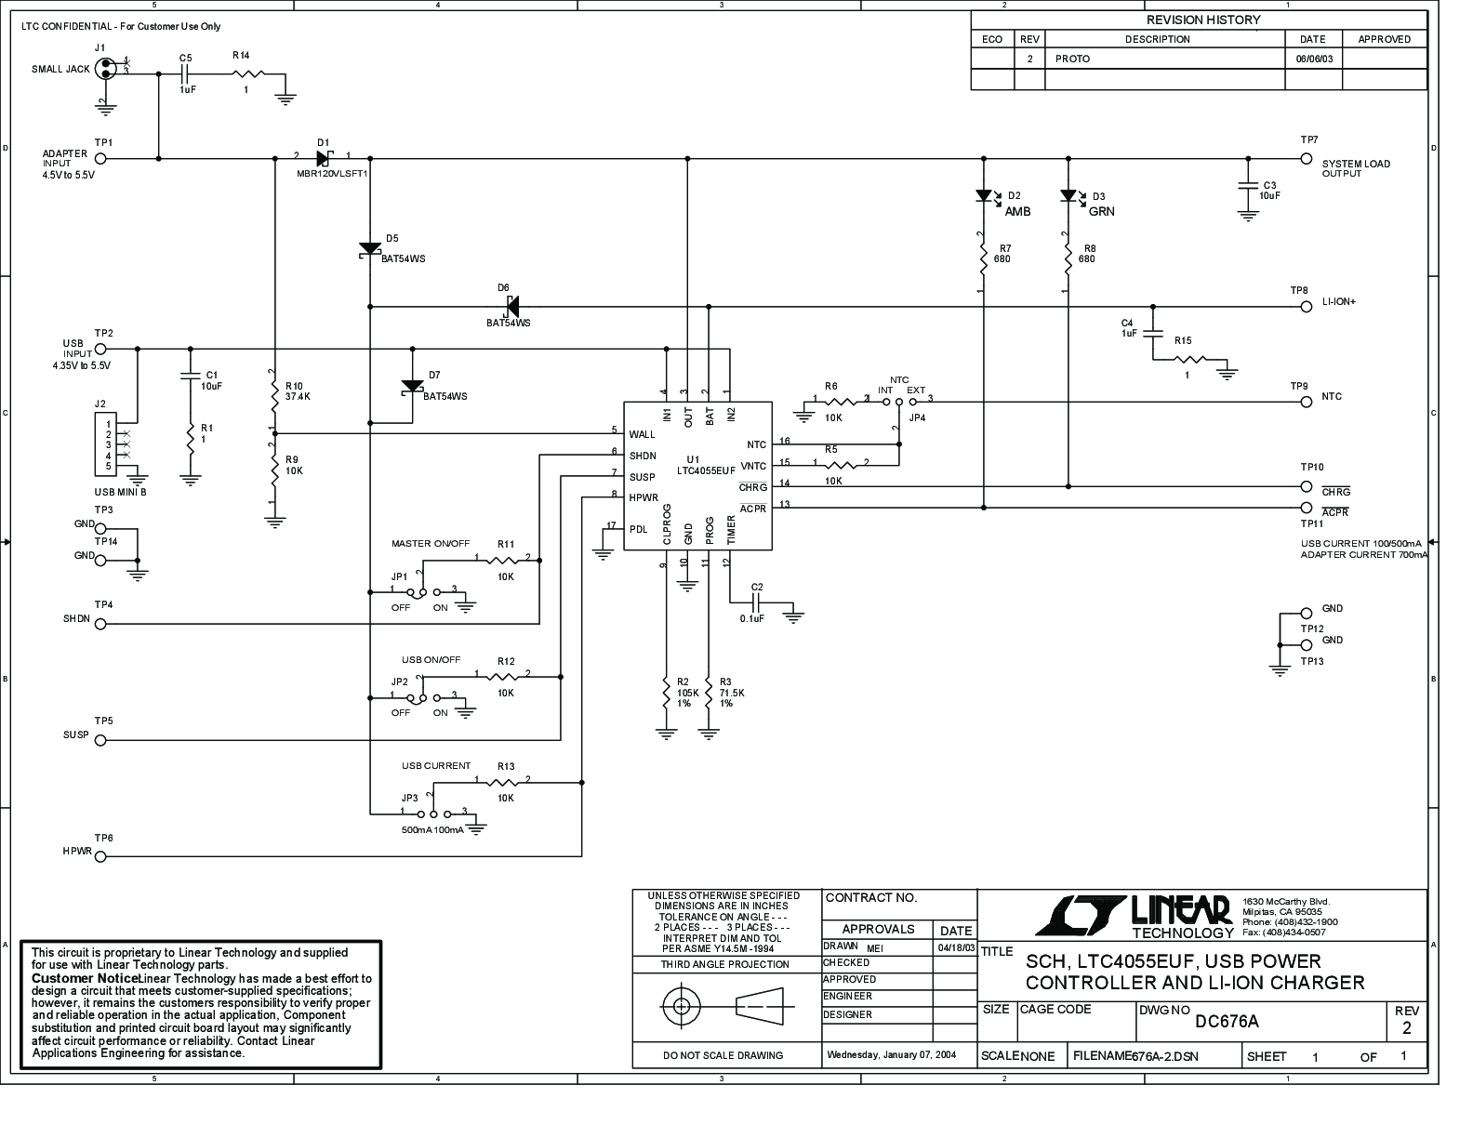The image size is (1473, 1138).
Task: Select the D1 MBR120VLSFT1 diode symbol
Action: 324,158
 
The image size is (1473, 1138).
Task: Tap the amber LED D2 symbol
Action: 983,196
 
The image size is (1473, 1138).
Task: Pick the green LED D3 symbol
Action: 1068,196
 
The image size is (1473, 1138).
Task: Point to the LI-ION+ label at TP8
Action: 1338,303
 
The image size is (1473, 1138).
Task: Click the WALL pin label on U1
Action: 642,434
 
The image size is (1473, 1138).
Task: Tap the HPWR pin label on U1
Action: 643,497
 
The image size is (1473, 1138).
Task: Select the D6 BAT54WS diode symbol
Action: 511,305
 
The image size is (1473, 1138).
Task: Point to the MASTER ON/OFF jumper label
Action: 431,544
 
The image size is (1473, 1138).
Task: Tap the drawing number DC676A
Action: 1227,1022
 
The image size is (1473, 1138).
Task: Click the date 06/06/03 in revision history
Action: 1313,59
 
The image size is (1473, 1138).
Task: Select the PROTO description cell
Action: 1072,59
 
